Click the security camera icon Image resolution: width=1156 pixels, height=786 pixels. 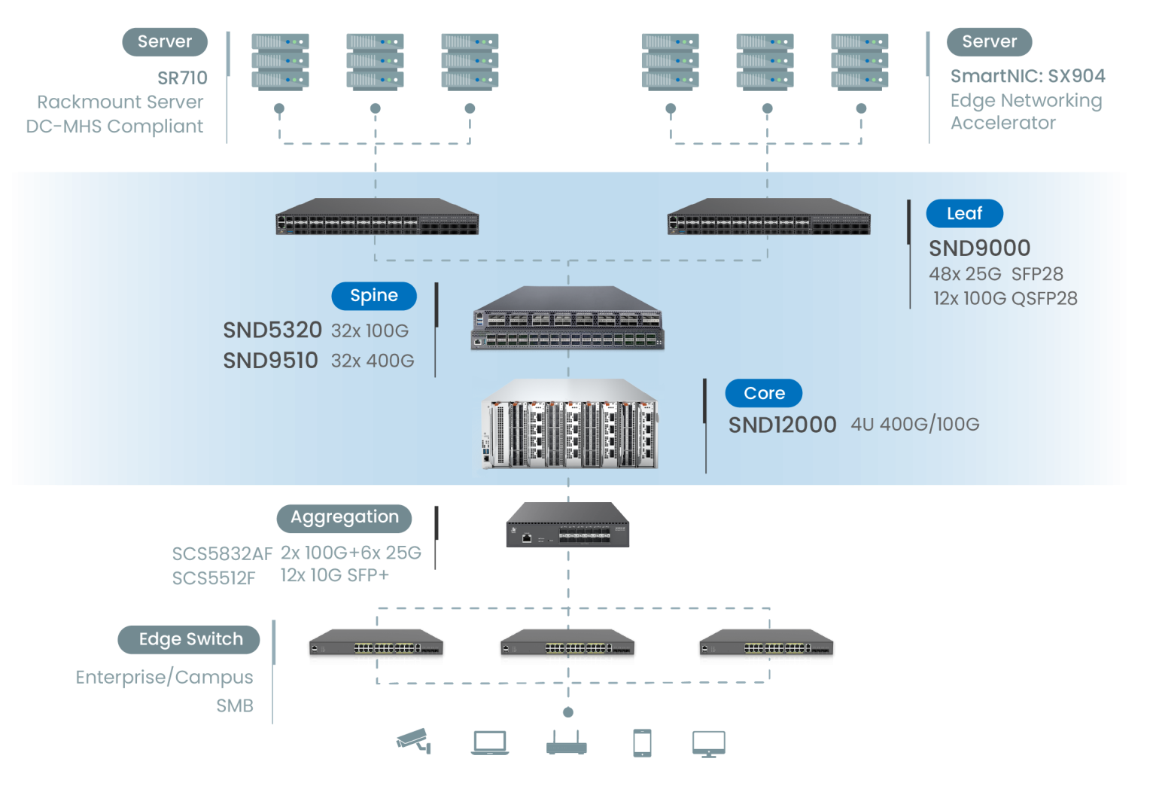pyautogui.click(x=413, y=741)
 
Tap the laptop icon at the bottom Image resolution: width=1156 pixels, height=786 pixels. pyautogui.click(x=490, y=742)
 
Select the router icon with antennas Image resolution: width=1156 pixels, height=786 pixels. pyautogui.click(x=567, y=743)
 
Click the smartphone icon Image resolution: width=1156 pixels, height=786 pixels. pyautogui.click(x=642, y=743)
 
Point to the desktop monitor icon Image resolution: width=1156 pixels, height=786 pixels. pyautogui.click(x=708, y=743)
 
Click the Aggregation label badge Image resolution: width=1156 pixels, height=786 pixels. pyautogui.click(x=344, y=517)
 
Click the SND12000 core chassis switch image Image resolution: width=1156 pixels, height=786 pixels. pyautogui.click(x=568, y=426)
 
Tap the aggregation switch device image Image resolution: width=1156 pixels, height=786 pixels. pyautogui.click(x=567, y=526)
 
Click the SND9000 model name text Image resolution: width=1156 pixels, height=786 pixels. pyautogui.click(x=979, y=248)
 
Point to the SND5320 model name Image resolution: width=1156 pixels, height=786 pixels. pyautogui.click(x=272, y=330)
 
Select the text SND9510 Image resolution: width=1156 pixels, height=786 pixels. pyautogui.click(x=270, y=360)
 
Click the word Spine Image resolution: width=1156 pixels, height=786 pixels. pyautogui.click(x=373, y=295)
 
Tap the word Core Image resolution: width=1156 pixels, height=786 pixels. pyautogui.click(x=764, y=393)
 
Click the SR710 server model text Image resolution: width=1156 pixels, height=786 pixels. pyautogui.click(x=182, y=78)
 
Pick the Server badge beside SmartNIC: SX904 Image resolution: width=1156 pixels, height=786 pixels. pyautogui.click(x=989, y=41)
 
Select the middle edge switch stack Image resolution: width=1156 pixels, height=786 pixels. pyautogui.click(x=567, y=647)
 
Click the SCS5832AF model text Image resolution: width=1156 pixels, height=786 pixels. pyautogui.click(x=221, y=554)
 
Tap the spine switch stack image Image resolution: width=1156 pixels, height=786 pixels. pyautogui.click(x=567, y=318)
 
